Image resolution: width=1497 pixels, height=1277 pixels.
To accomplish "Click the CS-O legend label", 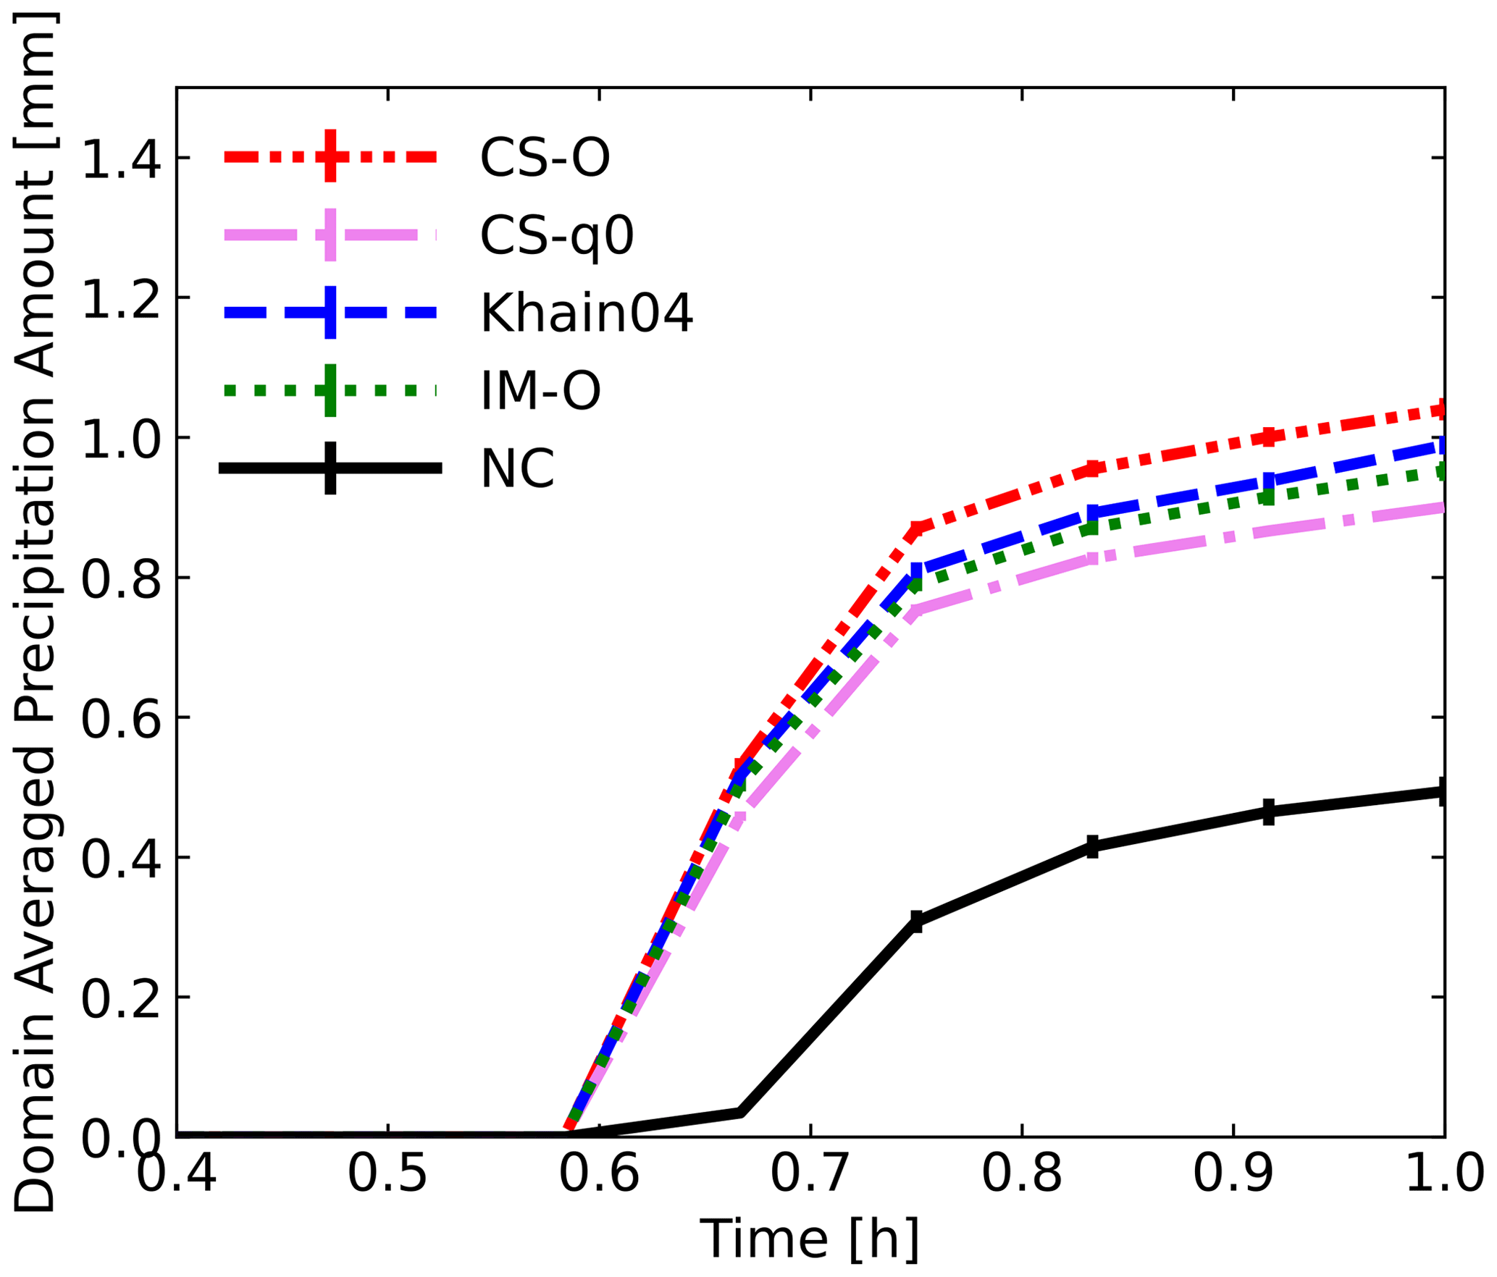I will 545,157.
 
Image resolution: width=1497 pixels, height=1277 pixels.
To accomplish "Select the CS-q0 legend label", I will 557,235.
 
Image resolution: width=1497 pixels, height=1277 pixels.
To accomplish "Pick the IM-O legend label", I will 540,391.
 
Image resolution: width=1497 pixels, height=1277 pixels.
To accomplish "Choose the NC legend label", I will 517,469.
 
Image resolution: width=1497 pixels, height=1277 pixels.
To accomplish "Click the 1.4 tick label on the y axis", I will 121,158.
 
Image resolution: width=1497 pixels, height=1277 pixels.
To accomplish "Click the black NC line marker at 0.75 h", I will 916,922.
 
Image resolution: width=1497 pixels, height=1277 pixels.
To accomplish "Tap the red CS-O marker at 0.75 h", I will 916,529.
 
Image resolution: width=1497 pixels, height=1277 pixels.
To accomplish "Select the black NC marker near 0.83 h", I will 1092,846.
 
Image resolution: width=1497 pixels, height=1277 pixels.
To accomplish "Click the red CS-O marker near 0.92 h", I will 1268,437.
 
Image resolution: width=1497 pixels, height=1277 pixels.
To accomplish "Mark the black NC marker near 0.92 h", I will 1268,812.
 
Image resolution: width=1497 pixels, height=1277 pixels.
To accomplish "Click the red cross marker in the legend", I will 330,156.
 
